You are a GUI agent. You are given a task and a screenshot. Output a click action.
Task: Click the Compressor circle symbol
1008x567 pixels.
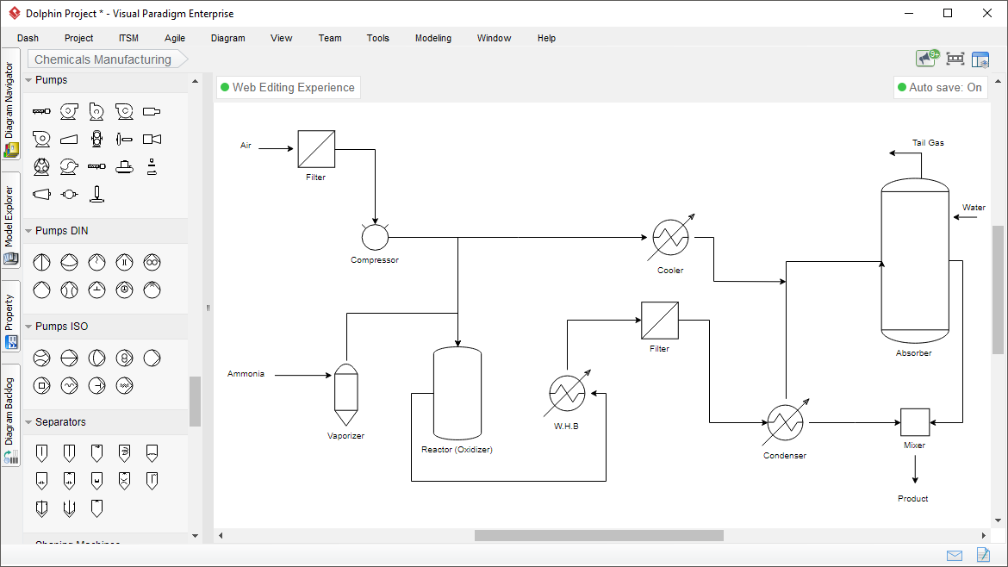[375, 237]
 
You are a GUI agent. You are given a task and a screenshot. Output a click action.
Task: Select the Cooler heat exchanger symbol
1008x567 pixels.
[670, 237]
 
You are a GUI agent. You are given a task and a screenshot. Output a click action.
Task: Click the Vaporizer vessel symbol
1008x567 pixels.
[345, 394]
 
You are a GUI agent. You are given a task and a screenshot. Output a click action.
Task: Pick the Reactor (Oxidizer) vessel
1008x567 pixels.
[457, 393]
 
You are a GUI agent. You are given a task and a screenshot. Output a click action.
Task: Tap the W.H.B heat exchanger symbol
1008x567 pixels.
[567, 394]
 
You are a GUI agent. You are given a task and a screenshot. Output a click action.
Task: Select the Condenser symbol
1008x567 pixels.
[784, 423]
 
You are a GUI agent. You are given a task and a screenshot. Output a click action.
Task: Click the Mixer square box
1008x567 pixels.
[914, 422]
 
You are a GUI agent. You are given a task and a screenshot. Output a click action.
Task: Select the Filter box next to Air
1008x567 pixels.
[316, 149]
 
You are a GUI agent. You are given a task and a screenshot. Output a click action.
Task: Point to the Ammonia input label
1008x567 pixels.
[246, 374]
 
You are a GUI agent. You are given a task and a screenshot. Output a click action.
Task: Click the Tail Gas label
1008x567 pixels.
[928, 143]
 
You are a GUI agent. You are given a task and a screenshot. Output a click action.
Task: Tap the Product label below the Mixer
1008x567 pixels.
[913, 499]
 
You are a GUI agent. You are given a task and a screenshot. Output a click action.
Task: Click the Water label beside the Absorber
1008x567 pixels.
[974, 208]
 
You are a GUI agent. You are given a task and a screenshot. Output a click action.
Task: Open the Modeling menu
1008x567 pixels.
[432, 38]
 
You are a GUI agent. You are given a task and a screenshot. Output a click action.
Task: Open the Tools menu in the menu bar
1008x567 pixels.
[377, 38]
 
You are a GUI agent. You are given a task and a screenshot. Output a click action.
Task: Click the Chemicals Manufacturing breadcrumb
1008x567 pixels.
[103, 59]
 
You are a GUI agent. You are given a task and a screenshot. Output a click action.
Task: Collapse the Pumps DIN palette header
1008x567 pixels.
[61, 231]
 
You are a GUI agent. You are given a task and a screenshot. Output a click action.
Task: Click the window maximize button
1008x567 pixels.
[948, 13]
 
